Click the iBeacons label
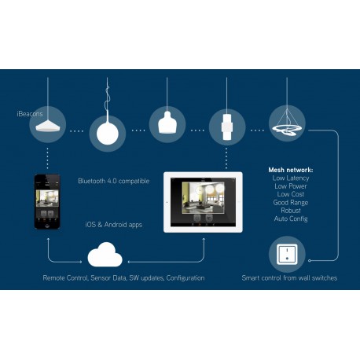coord(30,114)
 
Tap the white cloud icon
coord(105,255)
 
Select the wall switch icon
coord(287,255)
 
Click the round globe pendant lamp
coord(108,133)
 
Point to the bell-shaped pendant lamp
coord(167,123)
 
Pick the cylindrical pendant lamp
coord(227,127)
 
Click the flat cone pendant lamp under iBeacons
coord(48,126)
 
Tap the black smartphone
coord(47,201)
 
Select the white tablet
coord(203,202)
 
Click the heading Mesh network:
coord(291,170)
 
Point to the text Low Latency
coord(291,178)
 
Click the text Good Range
coord(291,203)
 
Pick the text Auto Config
coord(291,219)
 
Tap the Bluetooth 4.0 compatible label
coord(114,181)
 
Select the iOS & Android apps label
coord(114,225)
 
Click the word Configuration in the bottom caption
coord(186,278)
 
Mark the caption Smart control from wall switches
coord(289,278)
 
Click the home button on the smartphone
coord(47,226)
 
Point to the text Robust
coord(291,211)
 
